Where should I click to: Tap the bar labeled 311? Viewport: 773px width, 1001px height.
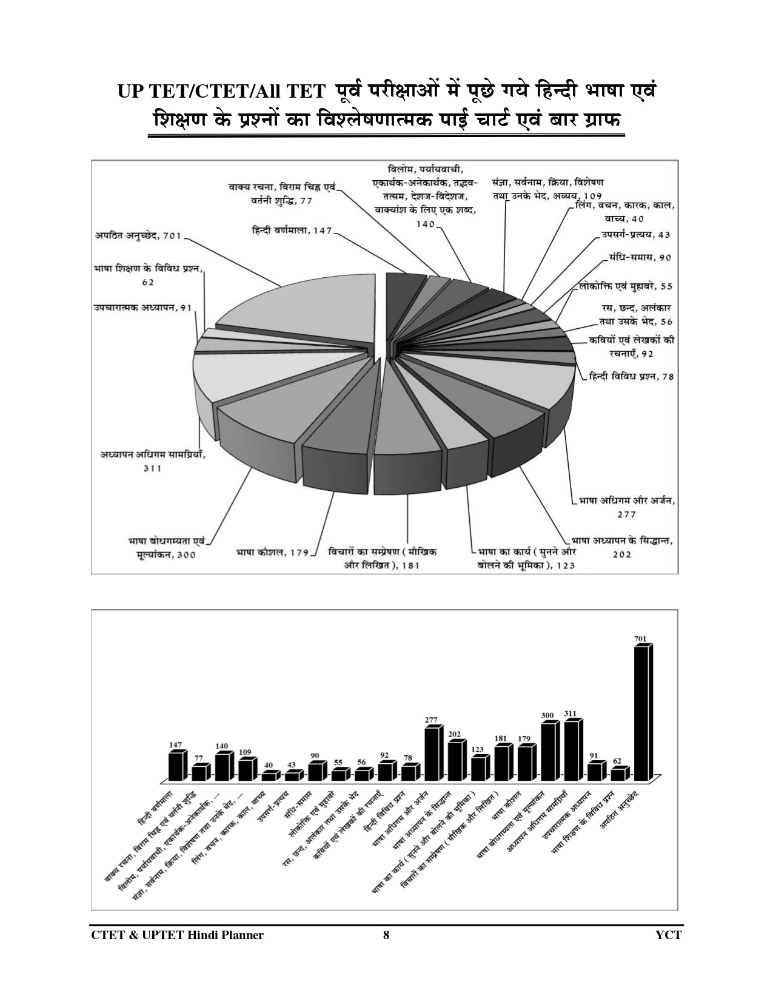point(571,750)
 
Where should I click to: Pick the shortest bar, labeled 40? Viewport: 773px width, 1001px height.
point(269,776)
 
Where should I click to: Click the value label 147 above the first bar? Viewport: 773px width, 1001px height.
point(176,744)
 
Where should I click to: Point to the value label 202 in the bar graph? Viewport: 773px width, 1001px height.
point(455,734)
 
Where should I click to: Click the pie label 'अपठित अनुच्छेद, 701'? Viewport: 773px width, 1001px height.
point(138,236)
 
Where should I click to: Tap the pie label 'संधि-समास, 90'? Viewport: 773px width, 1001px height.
point(640,257)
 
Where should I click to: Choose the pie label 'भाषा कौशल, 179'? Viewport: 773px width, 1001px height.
point(272,552)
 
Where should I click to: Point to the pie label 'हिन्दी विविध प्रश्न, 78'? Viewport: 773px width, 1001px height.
point(631,376)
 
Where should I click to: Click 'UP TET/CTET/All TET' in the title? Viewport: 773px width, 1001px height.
point(223,91)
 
